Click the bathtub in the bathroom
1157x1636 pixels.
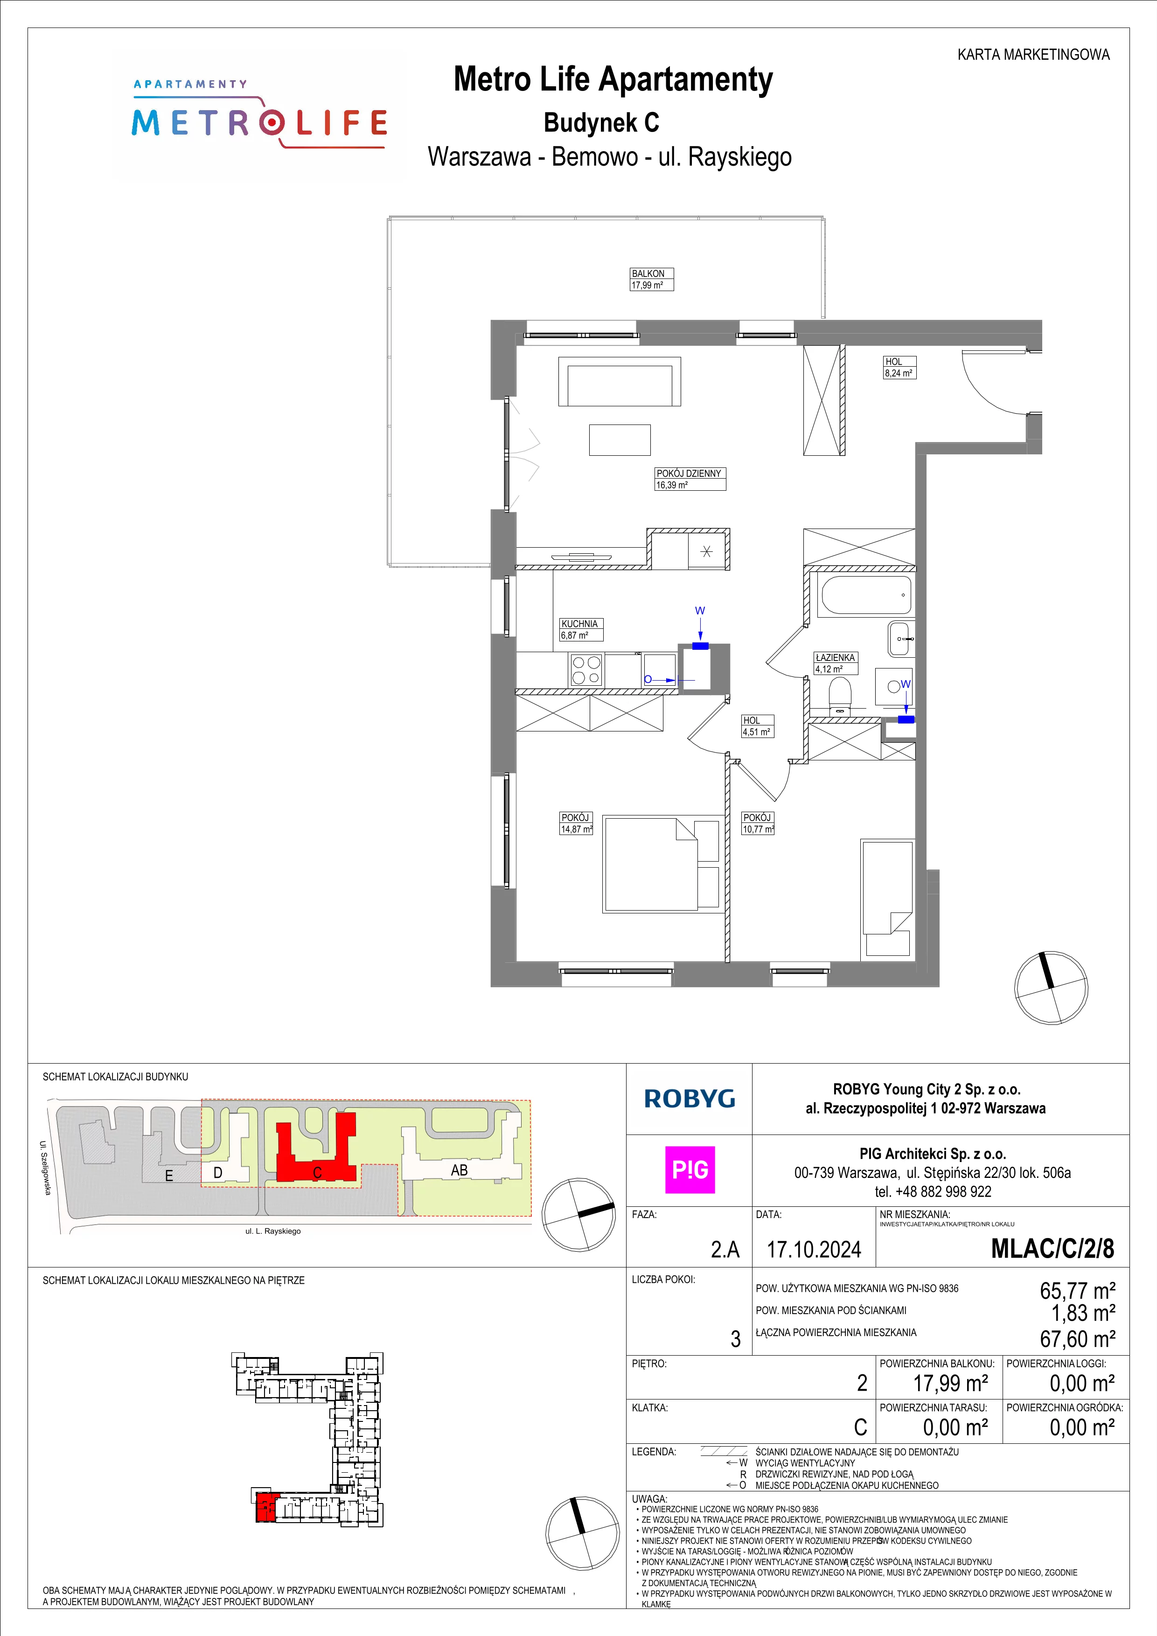click(x=864, y=596)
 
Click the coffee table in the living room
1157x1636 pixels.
click(x=620, y=439)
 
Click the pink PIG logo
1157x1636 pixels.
click(x=690, y=1170)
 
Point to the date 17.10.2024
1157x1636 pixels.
click(x=814, y=1250)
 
